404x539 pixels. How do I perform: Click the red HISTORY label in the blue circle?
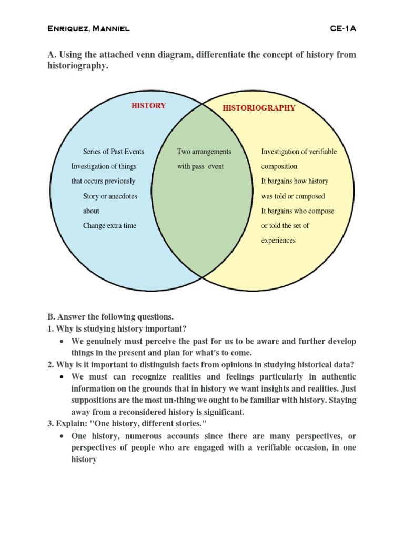click(148, 106)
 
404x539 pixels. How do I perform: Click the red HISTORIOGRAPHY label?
click(259, 108)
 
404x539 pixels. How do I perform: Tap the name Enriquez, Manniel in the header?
click(89, 28)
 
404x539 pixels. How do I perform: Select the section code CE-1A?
click(343, 28)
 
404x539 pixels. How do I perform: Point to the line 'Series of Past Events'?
click(114, 152)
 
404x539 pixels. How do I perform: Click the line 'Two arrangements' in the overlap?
click(204, 152)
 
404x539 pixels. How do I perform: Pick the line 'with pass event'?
click(200, 166)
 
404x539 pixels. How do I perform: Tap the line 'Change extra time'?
click(109, 226)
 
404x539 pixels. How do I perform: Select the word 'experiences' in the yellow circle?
click(278, 241)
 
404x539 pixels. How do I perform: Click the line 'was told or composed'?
click(293, 196)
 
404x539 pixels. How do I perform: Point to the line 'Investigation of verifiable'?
click(299, 152)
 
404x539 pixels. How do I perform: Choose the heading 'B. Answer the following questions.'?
click(110, 317)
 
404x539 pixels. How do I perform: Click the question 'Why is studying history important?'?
click(121, 329)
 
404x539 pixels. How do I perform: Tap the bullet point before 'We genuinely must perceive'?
click(63, 342)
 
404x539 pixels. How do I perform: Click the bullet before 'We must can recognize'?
click(63, 377)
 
